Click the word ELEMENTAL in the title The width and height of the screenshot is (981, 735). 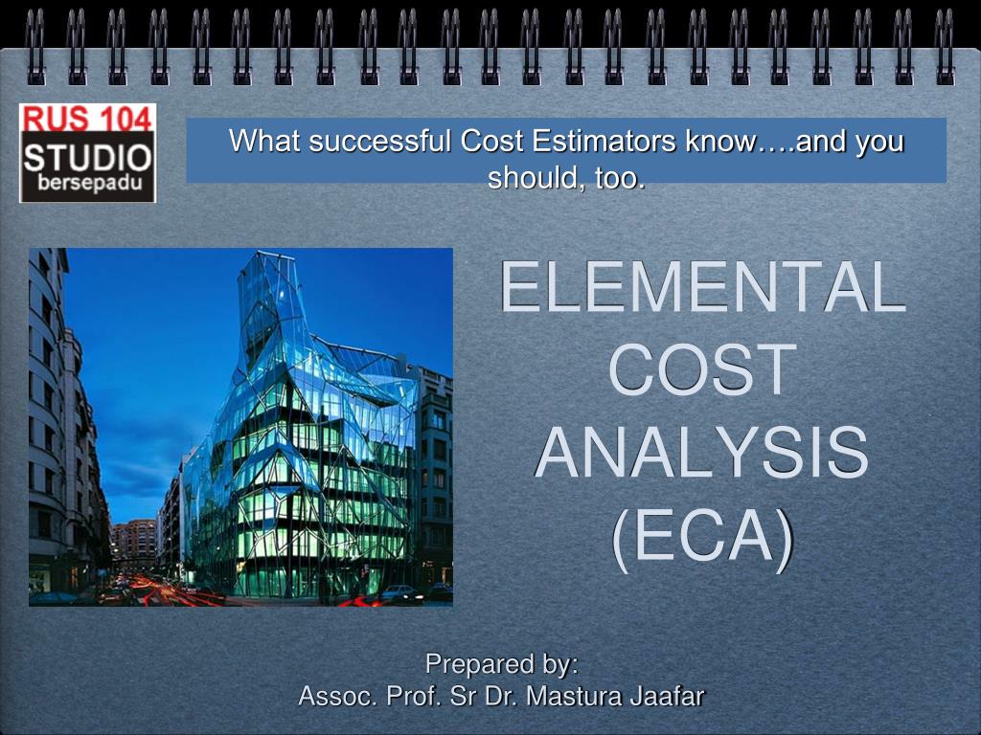point(702,287)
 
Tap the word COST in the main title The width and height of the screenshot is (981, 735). point(702,369)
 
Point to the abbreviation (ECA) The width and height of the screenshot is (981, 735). point(702,538)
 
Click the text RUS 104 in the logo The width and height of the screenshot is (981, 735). point(87,118)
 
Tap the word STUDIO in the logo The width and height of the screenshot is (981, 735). point(87,158)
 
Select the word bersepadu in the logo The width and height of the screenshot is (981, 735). point(90,183)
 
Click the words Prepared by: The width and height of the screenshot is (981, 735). point(501,664)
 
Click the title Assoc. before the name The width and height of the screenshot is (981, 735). point(338,696)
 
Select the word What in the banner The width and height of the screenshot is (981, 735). point(265,142)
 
